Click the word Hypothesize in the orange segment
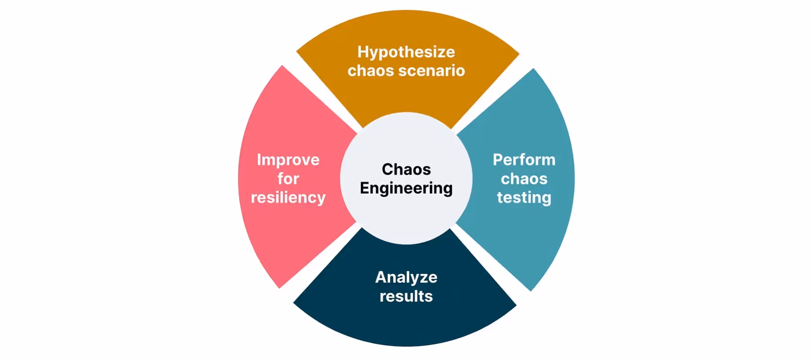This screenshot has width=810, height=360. (406, 52)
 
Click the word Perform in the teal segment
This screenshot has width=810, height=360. (524, 160)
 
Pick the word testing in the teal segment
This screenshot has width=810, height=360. (524, 198)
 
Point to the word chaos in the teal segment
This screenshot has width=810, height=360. (524, 179)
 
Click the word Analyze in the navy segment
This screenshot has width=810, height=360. (406, 277)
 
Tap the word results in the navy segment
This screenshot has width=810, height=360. (406, 296)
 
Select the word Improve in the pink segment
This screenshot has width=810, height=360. (288, 160)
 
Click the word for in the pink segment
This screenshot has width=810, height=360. (288, 179)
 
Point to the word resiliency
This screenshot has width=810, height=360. (288, 198)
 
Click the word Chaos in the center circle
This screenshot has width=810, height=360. (406, 169)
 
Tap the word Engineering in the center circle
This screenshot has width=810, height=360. (406, 188)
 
